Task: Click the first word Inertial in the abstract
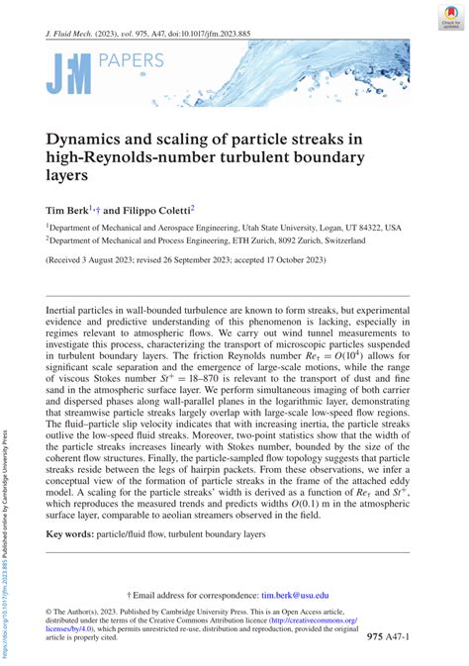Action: [x=63, y=311]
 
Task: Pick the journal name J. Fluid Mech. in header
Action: [x=73, y=33]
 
